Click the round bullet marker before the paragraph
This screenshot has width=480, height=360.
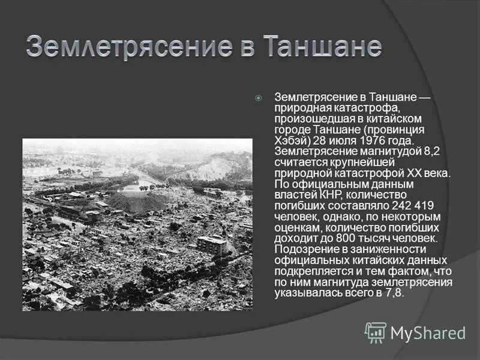(x=259, y=97)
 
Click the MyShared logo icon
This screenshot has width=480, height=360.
(x=376, y=332)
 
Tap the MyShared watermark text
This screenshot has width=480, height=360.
(x=428, y=333)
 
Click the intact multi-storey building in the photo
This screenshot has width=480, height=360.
(x=212, y=244)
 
